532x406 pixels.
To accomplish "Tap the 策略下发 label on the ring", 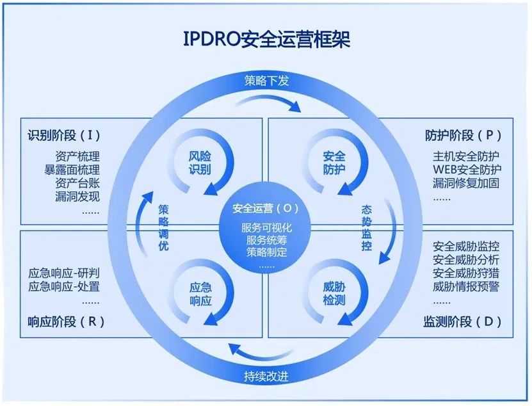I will pos(266,81).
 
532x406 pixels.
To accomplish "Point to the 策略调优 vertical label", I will pos(164,227).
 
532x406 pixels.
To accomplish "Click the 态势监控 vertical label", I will pos(366,227).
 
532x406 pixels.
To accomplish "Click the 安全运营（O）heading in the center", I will pos(266,209).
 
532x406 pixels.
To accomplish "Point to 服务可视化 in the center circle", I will pos(266,228).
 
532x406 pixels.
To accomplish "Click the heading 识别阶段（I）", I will pos(64,135).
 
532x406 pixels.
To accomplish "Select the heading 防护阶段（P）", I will pos(463,135).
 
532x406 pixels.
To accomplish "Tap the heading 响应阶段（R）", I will pos(66,321).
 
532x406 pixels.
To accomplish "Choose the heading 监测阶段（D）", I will pos(463,321).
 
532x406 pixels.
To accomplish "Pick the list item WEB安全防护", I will pos(467,169).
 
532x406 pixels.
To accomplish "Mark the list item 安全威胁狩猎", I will pos(466,273).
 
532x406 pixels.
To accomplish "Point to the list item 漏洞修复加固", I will pos(466,183).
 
